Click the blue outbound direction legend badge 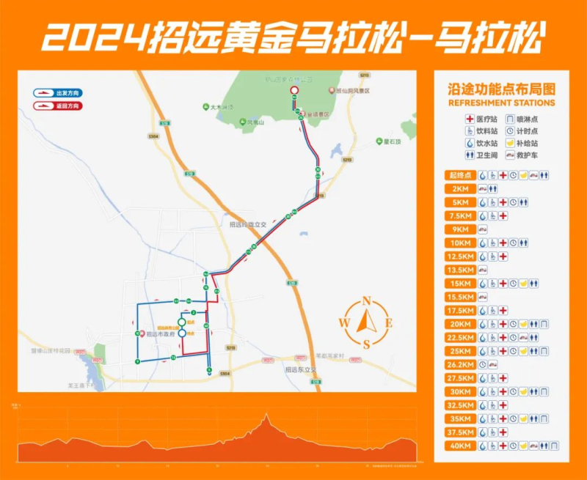coord(57,93)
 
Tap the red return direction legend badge coord(57,106)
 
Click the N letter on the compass coord(366,300)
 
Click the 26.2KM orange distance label coord(461,364)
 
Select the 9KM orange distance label coord(461,229)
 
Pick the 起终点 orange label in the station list coord(461,175)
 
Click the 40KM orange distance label coord(461,445)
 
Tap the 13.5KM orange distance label coord(461,270)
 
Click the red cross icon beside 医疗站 coord(460,118)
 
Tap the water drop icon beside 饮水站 coord(460,144)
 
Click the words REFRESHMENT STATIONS coord(501,103)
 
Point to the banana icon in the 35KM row coord(523,418)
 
